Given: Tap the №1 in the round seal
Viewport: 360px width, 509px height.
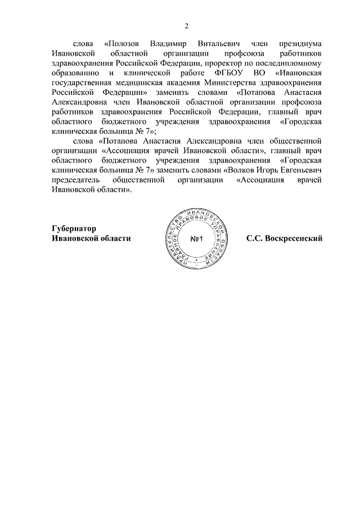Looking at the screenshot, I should coord(196,239).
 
